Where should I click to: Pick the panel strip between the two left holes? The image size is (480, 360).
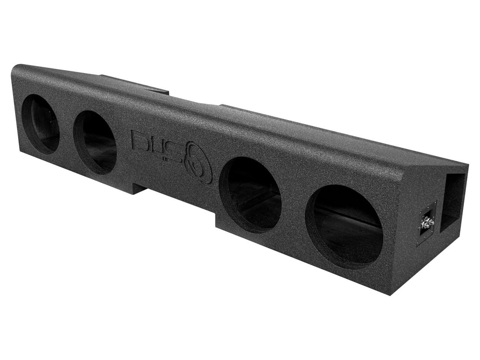click(x=66, y=131)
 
